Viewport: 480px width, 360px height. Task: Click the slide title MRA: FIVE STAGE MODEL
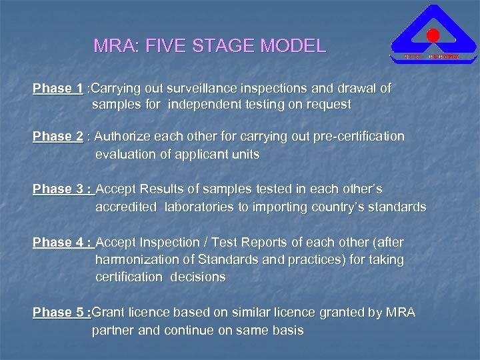[x=210, y=47]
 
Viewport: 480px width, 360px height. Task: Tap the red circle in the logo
[x=433, y=35]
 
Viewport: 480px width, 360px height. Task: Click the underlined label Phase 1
[x=58, y=89]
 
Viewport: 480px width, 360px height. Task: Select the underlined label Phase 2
[x=58, y=137]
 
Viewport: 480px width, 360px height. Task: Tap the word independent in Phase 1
[x=203, y=105]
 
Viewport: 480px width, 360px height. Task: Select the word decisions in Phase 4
[x=197, y=277]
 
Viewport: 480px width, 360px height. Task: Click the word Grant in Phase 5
[x=108, y=313]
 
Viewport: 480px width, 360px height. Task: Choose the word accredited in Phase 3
[x=126, y=207]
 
